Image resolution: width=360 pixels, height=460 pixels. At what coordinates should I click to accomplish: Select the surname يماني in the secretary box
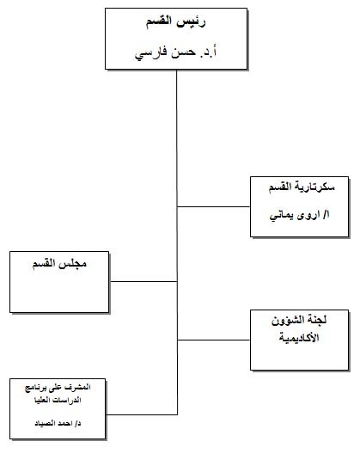(282, 217)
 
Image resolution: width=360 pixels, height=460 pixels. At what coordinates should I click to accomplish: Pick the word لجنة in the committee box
(317, 320)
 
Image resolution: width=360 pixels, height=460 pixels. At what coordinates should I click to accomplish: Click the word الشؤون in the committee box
(288, 320)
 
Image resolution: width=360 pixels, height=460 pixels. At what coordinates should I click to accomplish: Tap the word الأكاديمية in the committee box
(299, 337)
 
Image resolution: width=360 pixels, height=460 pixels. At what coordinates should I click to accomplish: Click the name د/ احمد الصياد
(58, 423)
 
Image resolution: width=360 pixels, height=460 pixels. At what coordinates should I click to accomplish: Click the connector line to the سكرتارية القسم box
(214, 207)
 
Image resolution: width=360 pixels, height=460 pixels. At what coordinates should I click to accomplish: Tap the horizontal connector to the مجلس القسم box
(143, 282)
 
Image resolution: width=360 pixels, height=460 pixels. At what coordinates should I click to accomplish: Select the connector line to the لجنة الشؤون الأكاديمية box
(214, 340)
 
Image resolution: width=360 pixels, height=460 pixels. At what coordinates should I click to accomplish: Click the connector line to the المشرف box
(142, 414)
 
